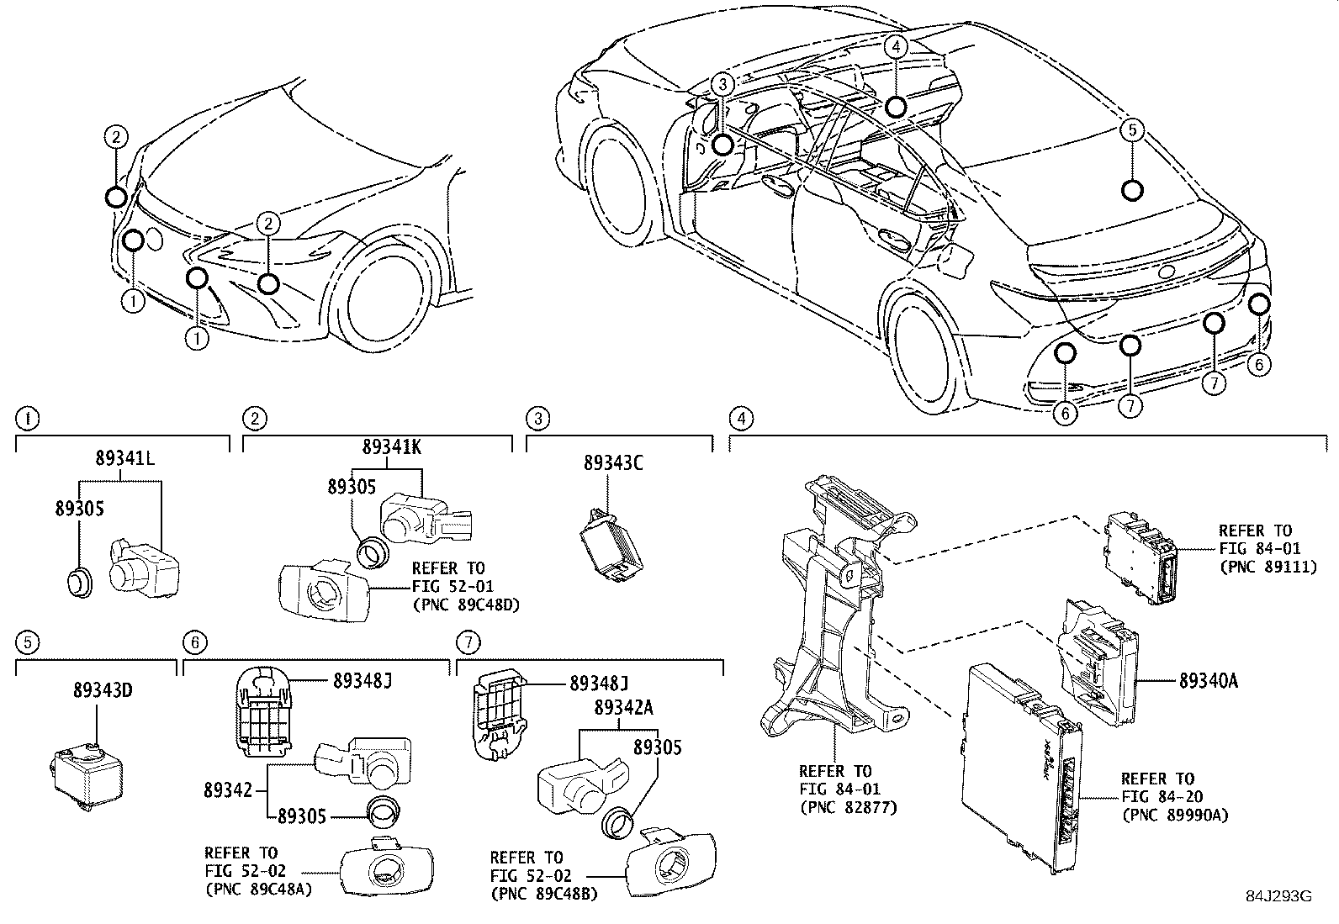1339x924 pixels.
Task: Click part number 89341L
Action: [124, 459]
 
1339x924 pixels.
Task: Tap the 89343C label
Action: [613, 463]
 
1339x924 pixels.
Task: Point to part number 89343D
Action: [102, 691]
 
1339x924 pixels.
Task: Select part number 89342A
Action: [623, 708]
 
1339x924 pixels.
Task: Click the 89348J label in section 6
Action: [363, 681]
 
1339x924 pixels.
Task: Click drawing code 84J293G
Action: [1279, 895]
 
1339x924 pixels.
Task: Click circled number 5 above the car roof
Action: [1132, 129]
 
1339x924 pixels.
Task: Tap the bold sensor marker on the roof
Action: [1132, 191]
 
